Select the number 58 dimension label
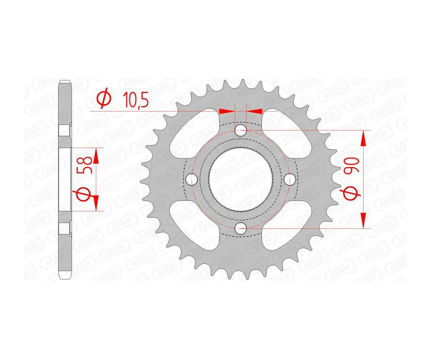pyautogui.click(x=86, y=165)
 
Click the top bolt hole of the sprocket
pyautogui.click(x=241, y=130)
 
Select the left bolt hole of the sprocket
pyautogui.click(x=193, y=179)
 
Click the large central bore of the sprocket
pyautogui.click(x=241, y=179)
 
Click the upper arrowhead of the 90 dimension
pyautogui.click(x=364, y=139)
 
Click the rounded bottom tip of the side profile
pyautogui.click(x=65, y=276)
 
